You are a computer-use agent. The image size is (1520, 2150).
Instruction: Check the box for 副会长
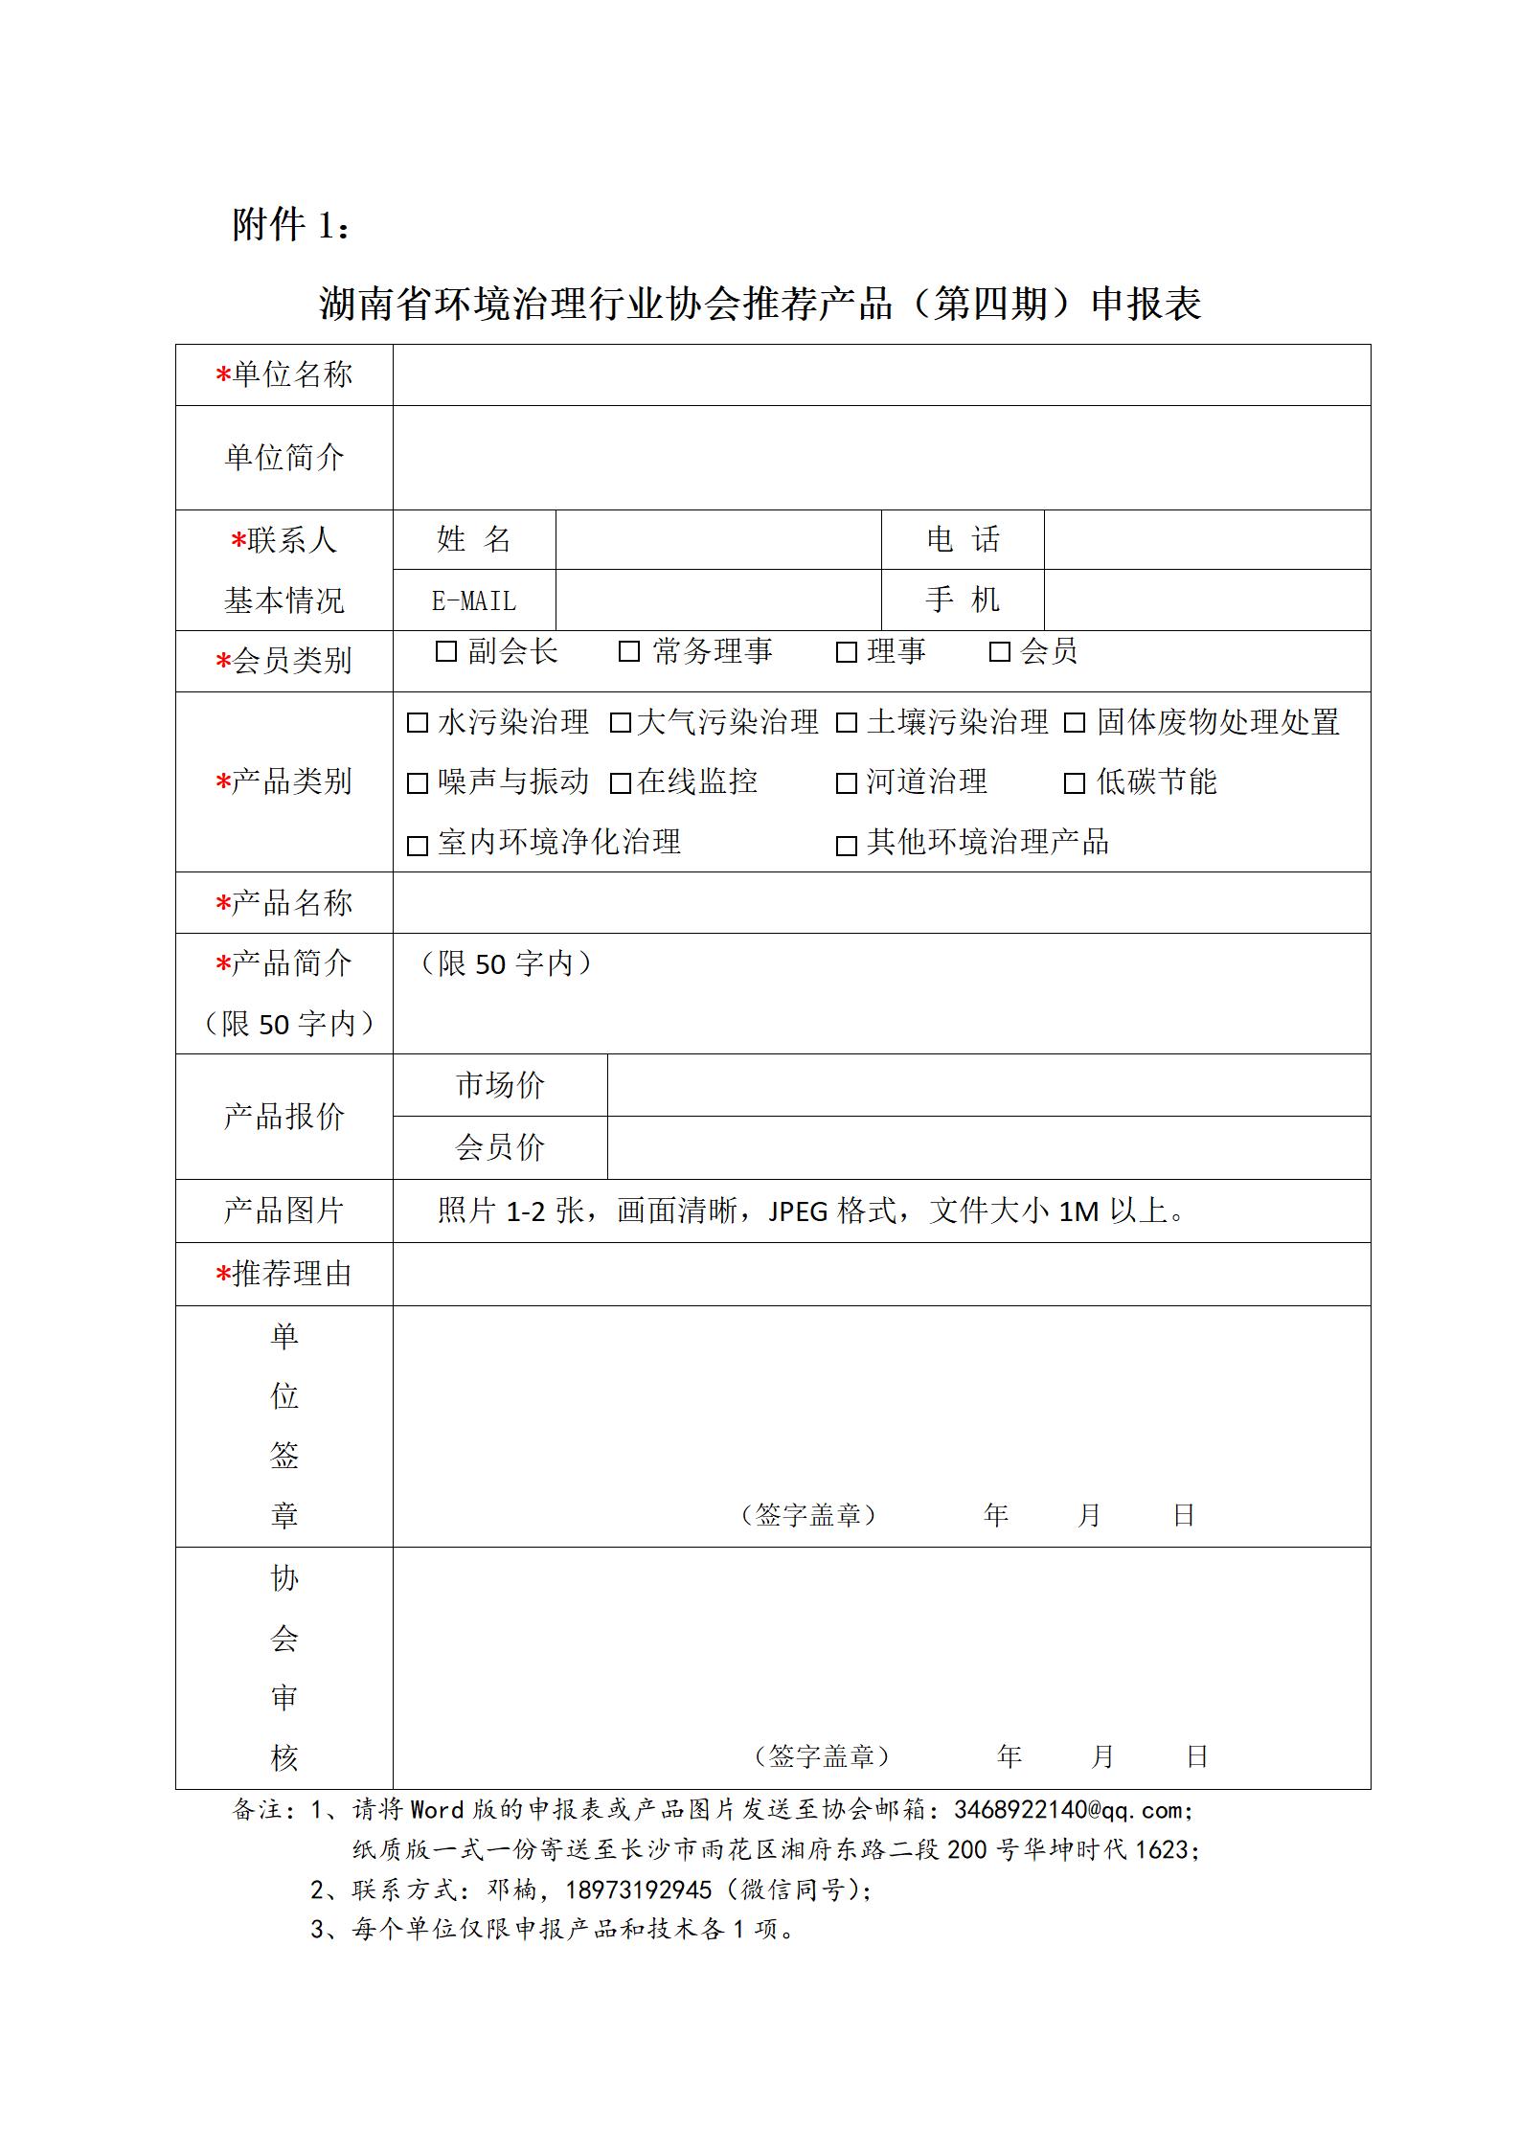[x=445, y=651]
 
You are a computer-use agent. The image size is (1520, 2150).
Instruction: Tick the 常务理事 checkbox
[x=629, y=651]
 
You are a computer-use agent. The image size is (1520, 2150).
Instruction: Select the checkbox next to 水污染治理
[x=418, y=723]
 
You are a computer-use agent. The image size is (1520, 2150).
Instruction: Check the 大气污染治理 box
[x=621, y=723]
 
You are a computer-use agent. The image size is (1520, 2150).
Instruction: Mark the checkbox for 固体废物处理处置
[x=1075, y=723]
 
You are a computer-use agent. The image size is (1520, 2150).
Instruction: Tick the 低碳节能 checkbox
[x=1075, y=783]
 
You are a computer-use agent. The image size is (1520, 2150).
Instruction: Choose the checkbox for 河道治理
[x=847, y=783]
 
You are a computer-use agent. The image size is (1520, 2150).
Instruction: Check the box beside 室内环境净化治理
[x=418, y=846]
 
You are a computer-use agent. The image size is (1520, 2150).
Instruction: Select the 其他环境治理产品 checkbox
[x=847, y=846]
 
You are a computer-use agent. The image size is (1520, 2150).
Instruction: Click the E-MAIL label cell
[x=474, y=600]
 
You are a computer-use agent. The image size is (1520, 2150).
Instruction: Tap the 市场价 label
[x=500, y=1085]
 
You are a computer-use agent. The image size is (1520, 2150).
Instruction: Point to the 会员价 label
[x=500, y=1147]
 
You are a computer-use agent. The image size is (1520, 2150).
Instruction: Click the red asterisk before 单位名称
[x=223, y=375]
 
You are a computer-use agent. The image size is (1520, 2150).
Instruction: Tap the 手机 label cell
[x=963, y=600]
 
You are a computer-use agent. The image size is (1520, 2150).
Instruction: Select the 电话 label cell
[x=963, y=539]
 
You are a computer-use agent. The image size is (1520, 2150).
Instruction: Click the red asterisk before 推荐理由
[x=223, y=1275]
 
